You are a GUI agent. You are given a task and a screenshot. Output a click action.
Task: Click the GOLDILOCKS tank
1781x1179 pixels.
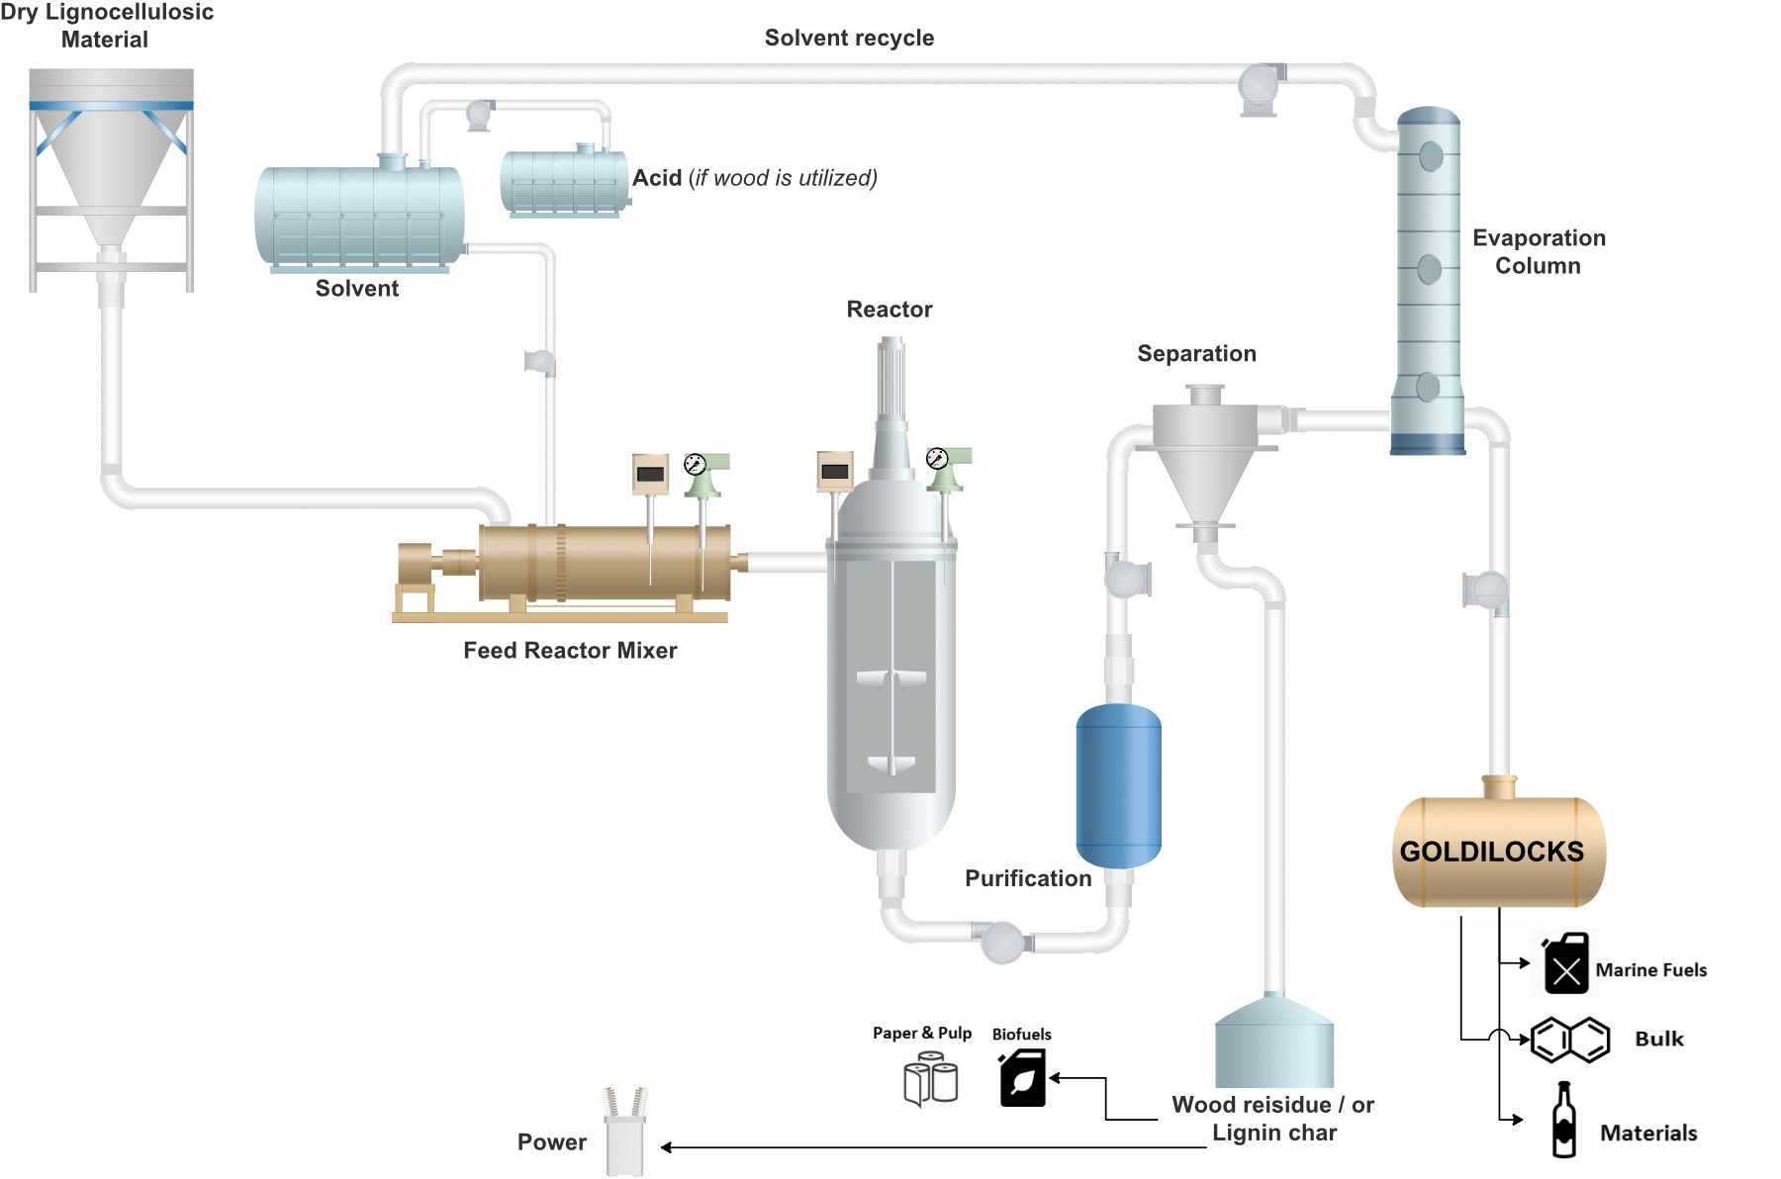click(x=1499, y=851)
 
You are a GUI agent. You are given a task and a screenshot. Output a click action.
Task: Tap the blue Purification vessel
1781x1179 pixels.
click(x=1118, y=785)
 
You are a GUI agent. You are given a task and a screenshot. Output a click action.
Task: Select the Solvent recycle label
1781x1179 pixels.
click(x=849, y=38)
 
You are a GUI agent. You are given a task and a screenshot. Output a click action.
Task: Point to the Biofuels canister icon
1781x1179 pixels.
click(x=1022, y=1078)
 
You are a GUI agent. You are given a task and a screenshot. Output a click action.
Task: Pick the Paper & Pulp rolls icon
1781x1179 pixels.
click(x=930, y=1078)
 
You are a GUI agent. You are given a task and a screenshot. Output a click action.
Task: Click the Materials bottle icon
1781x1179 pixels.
click(x=1563, y=1120)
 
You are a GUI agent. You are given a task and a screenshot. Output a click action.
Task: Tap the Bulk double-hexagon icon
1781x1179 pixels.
click(x=1570, y=1040)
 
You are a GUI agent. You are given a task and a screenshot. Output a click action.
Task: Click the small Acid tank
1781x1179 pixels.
click(x=565, y=181)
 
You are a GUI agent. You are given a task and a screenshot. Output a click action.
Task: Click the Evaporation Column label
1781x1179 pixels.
click(x=1539, y=251)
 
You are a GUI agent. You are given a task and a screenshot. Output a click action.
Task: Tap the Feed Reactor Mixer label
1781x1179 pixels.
click(x=570, y=650)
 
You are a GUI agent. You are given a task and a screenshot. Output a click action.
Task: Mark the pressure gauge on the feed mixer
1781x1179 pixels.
click(x=696, y=464)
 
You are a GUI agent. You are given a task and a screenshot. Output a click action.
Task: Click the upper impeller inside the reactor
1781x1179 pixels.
click(x=891, y=679)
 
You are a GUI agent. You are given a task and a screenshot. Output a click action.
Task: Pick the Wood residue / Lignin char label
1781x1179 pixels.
click(x=1273, y=1119)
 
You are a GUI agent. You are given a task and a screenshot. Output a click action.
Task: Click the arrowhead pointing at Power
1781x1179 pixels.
click(x=666, y=1147)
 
